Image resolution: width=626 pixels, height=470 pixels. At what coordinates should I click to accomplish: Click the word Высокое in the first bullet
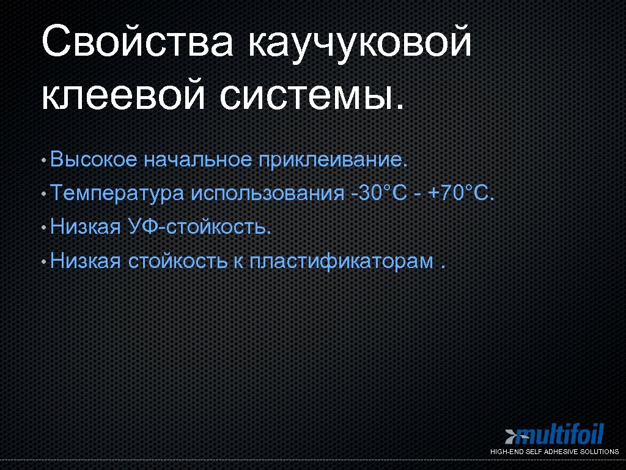click(94, 160)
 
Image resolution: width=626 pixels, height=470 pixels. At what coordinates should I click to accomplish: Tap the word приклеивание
click(332, 160)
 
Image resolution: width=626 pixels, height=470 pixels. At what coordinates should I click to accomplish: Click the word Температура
click(117, 194)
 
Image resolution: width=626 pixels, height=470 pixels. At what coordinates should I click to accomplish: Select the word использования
click(268, 194)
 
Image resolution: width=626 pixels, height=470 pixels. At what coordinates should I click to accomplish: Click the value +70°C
click(460, 194)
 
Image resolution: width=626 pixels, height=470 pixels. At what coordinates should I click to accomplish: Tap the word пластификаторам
click(342, 262)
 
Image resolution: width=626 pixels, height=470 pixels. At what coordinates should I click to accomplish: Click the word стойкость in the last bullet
click(177, 262)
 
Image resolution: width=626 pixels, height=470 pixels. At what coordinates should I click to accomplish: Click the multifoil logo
click(559, 435)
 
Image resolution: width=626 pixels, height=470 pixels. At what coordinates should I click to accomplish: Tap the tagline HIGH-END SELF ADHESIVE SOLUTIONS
click(554, 452)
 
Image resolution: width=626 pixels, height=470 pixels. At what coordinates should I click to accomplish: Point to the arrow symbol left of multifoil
click(511, 436)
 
